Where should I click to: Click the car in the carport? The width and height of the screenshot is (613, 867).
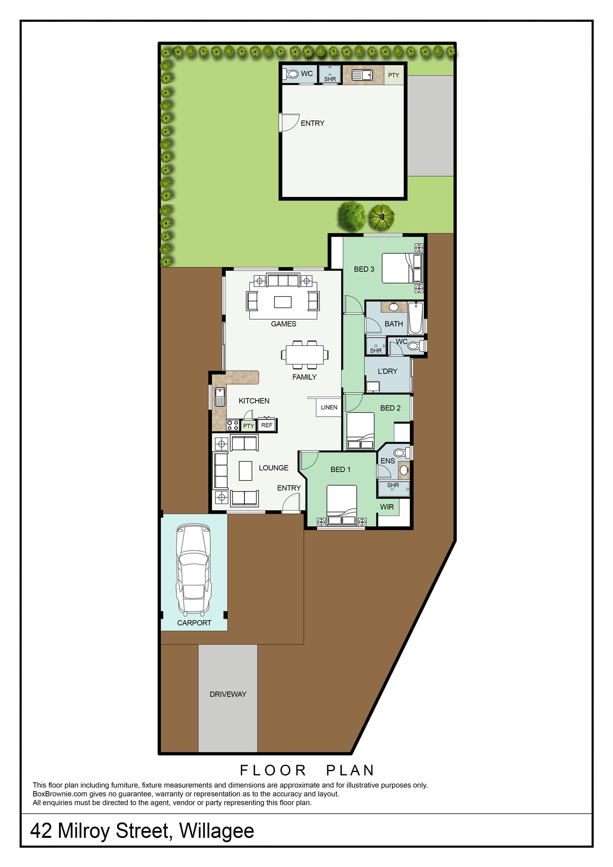click(194, 570)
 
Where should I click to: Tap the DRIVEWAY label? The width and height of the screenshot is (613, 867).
click(228, 694)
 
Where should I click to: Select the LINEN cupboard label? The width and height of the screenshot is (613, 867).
click(329, 407)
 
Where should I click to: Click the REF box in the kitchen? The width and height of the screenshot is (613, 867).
click(267, 425)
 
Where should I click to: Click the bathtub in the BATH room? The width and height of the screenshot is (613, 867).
click(415, 318)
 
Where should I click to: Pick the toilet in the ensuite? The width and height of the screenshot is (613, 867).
click(401, 453)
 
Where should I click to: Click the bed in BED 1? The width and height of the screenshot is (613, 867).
click(342, 505)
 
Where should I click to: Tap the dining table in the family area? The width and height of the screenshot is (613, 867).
click(304, 355)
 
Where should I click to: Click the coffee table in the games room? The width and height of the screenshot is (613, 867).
click(283, 302)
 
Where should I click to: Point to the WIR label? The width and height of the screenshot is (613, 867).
click(387, 507)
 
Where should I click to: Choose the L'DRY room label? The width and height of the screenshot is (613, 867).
click(388, 371)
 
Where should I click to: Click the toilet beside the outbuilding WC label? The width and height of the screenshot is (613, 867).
click(291, 74)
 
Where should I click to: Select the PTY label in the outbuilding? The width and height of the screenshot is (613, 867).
click(394, 75)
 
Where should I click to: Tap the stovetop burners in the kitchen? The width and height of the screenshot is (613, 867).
click(233, 425)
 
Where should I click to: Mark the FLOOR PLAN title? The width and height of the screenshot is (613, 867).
click(307, 770)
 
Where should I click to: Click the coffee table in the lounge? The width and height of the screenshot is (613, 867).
click(246, 471)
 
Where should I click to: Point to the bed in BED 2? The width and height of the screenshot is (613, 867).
click(361, 431)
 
